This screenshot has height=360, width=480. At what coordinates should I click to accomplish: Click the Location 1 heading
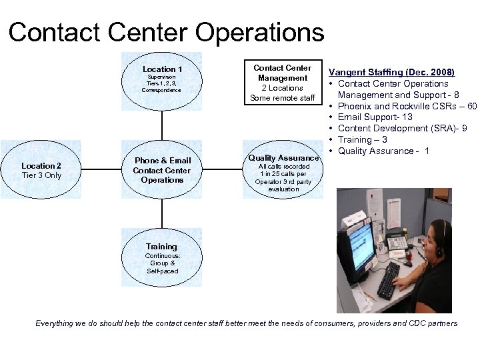[162, 69]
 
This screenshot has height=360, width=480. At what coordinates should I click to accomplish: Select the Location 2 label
[41, 165]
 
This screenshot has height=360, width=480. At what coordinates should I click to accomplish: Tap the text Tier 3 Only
[41, 175]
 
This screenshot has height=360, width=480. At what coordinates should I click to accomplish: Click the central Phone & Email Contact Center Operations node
[162, 170]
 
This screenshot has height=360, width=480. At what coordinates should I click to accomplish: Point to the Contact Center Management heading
[282, 73]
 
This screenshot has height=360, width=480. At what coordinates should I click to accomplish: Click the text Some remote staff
[282, 98]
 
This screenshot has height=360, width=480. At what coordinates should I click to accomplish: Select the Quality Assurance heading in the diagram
[283, 158]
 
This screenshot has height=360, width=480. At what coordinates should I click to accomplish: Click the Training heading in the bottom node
[161, 247]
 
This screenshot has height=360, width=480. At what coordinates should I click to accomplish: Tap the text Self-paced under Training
[162, 271]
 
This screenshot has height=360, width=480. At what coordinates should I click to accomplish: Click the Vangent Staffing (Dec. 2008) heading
[392, 72]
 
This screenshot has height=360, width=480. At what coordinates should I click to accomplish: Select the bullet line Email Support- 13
[375, 117]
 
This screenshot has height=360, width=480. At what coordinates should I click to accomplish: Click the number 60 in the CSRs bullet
[471, 106]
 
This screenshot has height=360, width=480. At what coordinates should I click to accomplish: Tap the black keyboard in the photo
[388, 279]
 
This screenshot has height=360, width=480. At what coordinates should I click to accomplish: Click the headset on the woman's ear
[439, 251]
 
